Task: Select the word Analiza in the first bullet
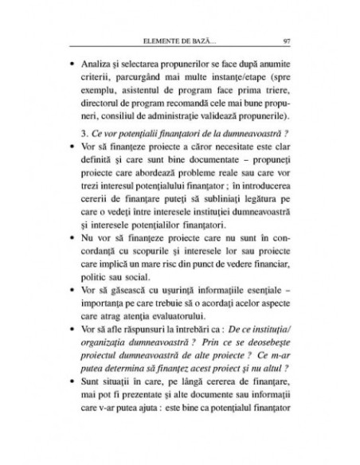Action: pyautogui.click(x=112, y=64)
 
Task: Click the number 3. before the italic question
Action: pyautogui.click(x=96, y=145)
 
